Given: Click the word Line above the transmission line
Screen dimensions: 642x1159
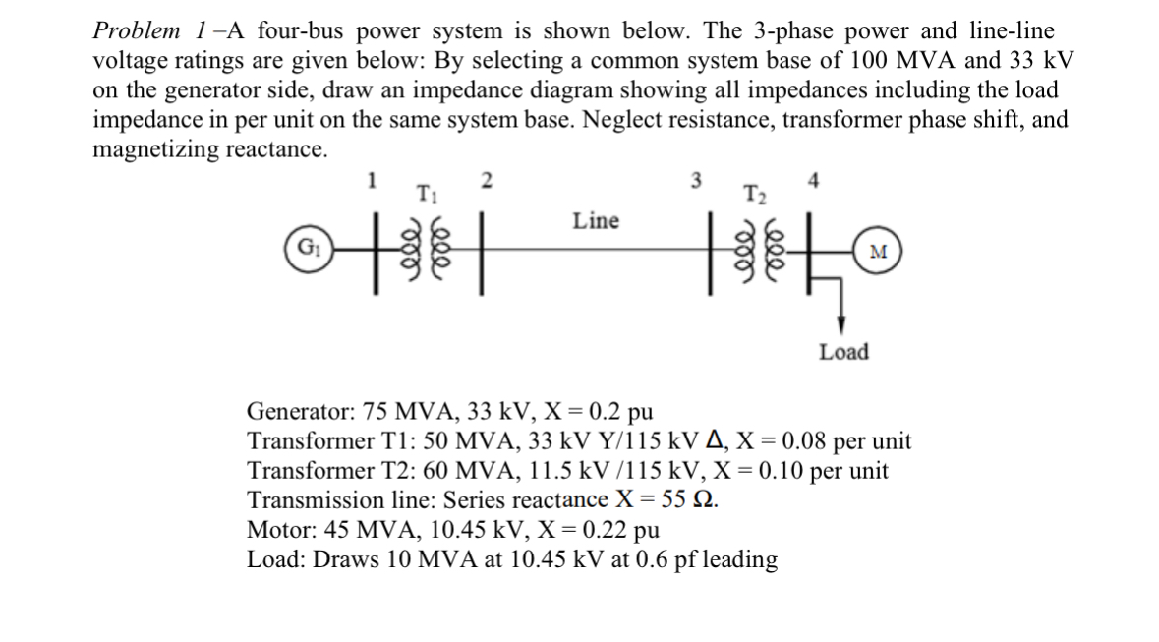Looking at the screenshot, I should point(597,221).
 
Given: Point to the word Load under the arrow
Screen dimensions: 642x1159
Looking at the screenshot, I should point(843,352).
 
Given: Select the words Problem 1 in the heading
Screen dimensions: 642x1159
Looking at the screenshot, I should point(150,30).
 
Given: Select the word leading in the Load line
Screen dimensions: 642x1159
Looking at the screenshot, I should point(737,560).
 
